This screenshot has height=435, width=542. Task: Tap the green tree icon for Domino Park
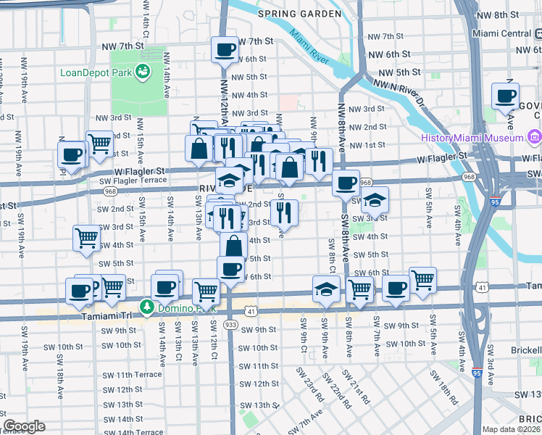(x=146, y=307)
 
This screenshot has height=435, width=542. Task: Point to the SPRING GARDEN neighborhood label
(x=299, y=14)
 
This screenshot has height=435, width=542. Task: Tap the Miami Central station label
(x=501, y=33)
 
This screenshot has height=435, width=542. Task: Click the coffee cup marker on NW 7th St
(x=224, y=50)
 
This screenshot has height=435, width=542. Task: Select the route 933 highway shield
(x=231, y=324)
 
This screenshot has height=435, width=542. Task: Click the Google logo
(x=24, y=426)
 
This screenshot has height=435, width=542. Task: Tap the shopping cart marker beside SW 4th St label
(x=86, y=238)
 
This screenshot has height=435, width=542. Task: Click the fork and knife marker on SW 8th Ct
(x=283, y=212)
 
